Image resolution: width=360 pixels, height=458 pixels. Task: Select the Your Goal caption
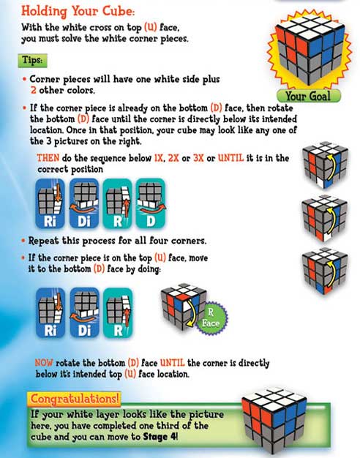tap(307, 95)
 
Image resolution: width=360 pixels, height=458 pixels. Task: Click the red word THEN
tap(49, 159)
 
